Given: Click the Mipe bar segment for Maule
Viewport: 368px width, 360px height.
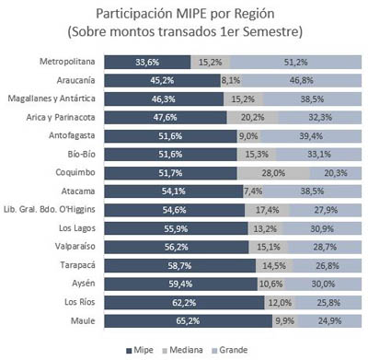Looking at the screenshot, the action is click(188, 321).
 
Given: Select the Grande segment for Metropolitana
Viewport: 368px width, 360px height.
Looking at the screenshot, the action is click(295, 62).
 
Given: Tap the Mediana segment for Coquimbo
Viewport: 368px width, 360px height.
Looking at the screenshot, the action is click(273, 173).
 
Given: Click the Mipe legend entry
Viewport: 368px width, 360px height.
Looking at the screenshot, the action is click(140, 350).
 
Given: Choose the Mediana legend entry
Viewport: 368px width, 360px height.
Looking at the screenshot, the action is click(182, 350).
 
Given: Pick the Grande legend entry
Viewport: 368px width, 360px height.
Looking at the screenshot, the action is click(230, 350).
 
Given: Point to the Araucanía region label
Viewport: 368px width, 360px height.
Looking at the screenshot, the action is click(75, 80).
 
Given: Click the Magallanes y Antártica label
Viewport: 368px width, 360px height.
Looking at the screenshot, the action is click(52, 99).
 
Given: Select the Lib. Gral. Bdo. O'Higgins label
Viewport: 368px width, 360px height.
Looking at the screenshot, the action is click(50, 210).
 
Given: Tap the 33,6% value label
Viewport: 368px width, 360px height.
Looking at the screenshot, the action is click(147, 63).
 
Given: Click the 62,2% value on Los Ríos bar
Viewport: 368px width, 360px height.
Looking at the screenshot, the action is click(184, 303).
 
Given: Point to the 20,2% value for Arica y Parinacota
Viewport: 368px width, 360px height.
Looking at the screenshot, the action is click(252, 118).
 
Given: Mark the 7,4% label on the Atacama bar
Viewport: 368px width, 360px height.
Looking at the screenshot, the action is click(253, 192).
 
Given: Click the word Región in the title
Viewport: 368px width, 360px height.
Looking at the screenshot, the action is click(254, 14).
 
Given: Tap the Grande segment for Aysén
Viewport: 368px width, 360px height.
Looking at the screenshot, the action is click(323, 285).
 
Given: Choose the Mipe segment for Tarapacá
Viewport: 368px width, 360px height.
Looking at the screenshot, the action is click(180, 266).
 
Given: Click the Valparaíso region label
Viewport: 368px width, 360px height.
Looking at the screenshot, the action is click(75, 247).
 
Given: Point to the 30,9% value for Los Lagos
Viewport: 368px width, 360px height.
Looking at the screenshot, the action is click(322, 229).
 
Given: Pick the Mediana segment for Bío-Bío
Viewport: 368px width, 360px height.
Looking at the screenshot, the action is click(257, 155).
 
